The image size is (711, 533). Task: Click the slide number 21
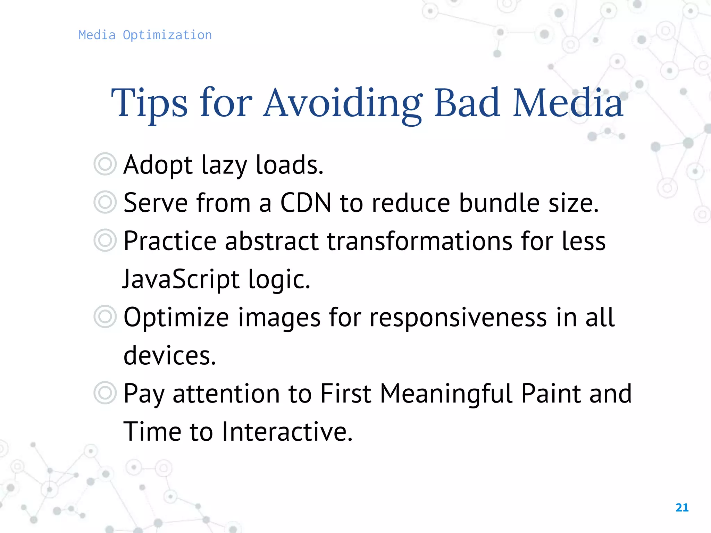point(682,508)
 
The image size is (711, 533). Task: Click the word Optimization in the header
point(167,35)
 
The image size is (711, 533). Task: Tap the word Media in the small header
point(97,35)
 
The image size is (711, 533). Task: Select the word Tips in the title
point(149,103)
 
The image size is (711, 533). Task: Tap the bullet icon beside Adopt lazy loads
point(105,164)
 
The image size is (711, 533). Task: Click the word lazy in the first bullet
point(224,165)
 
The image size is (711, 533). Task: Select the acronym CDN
point(306,203)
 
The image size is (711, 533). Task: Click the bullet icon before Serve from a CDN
point(105,202)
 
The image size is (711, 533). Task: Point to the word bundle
point(499,203)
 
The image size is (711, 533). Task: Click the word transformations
point(419,241)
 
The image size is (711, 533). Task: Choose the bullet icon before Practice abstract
point(105,240)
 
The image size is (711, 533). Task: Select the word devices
point(169,355)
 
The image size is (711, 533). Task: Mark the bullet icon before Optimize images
point(105,316)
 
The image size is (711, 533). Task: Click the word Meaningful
point(446,394)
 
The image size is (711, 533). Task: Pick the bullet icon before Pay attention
point(105,393)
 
